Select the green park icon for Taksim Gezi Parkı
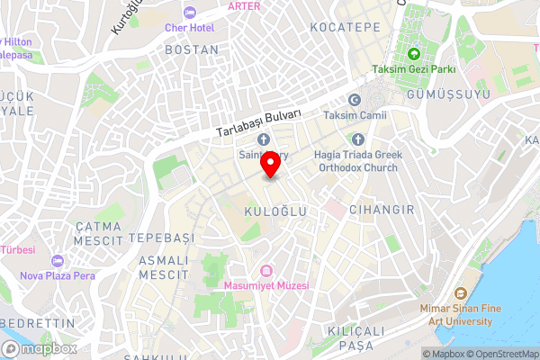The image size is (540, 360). pos(414,53)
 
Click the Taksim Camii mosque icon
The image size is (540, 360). pos(355,99)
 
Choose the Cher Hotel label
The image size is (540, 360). pos(190,27)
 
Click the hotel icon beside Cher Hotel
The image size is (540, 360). pos(189,12)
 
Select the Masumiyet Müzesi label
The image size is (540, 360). pos(266,285)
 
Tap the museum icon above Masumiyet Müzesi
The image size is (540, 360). pos(266,270)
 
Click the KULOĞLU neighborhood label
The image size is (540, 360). pos(275,211)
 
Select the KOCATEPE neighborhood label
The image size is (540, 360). pos(345,28)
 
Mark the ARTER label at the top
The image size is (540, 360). pos(245,5)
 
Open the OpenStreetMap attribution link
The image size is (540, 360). pos(499,354)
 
